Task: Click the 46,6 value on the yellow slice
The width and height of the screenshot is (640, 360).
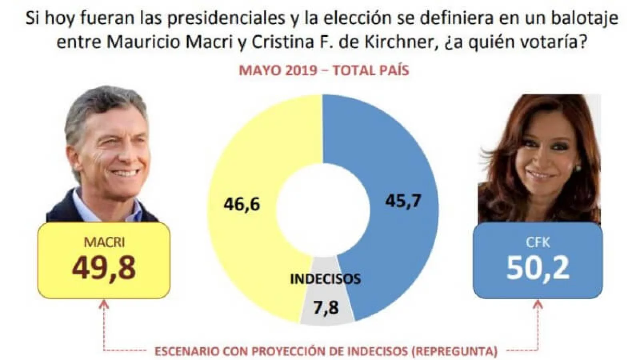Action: (242, 204)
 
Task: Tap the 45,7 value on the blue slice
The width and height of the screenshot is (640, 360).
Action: (403, 200)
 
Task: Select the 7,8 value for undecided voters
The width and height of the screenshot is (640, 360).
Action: (326, 308)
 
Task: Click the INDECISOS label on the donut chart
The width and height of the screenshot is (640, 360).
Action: (325, 279)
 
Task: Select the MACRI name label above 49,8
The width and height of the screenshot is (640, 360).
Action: (104, 242)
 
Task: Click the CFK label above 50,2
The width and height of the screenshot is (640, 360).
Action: (538, 242)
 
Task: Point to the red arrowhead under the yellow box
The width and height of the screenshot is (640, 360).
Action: (104, 305)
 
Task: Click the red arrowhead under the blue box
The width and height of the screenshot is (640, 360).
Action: (538, 305)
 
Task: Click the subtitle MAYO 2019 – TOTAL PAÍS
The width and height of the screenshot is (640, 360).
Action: (324, 70)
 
